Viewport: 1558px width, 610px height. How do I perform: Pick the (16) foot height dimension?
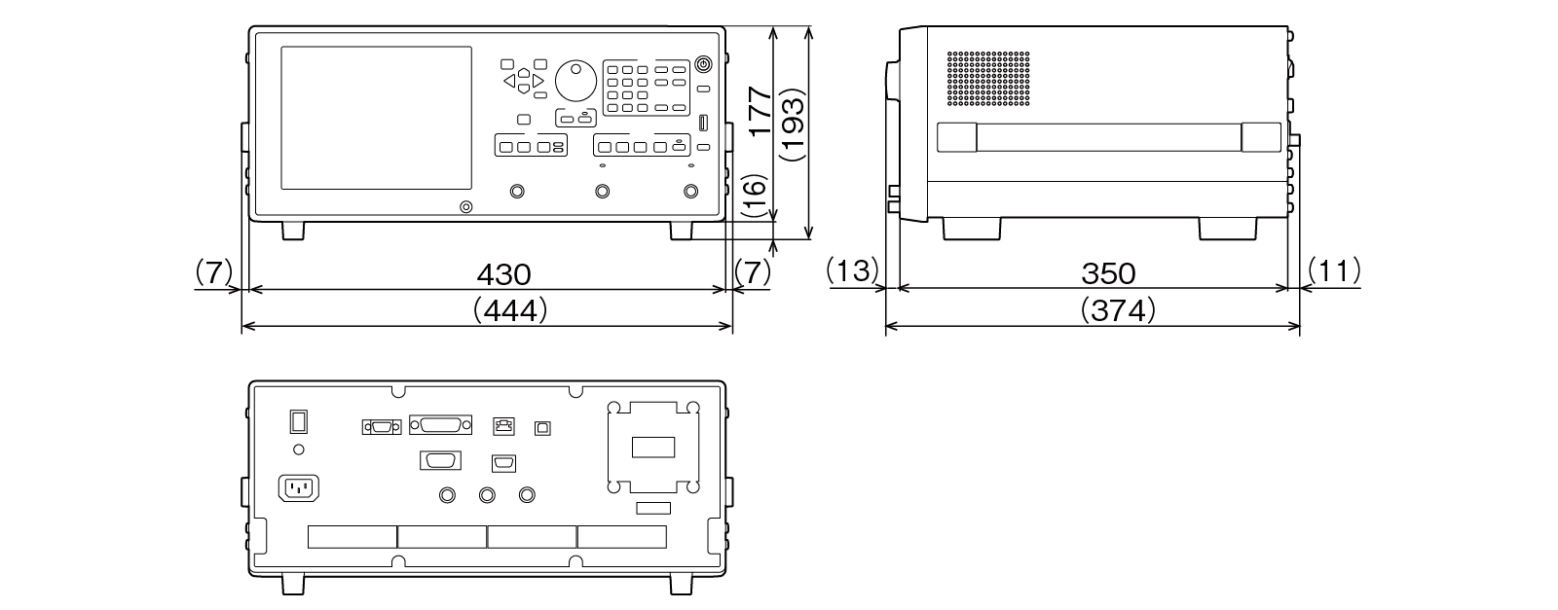point(757,197)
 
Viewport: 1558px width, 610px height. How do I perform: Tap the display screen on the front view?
point(376,118)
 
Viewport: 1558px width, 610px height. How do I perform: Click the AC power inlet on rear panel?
point(300,487)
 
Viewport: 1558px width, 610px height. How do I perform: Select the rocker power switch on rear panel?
point(299,421)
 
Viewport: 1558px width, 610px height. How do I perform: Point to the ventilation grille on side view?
point(988,80)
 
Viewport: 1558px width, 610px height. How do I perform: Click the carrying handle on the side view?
point(1109,137)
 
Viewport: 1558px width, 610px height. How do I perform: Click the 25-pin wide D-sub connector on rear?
point(441,425)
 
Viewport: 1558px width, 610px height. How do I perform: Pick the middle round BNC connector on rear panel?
point(488,495)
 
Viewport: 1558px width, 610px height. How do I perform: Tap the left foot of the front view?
point(293,231)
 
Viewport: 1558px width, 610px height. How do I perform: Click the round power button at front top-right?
point(703,65)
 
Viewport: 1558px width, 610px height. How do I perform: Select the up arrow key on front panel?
point(524,72)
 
